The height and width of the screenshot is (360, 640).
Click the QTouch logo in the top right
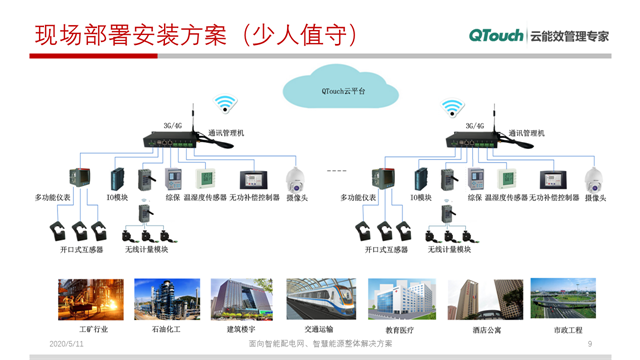point(497,35)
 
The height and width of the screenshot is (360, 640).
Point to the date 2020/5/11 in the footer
point(68,344)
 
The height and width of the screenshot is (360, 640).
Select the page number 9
point(591,344)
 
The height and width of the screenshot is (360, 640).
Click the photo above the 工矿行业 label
point(93,299)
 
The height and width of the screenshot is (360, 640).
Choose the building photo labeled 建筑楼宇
point(241,299)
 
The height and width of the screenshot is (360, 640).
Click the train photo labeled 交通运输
point(320,299)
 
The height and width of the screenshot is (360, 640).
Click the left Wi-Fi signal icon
point(224,103)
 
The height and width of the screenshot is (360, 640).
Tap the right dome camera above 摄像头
point(597,180)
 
